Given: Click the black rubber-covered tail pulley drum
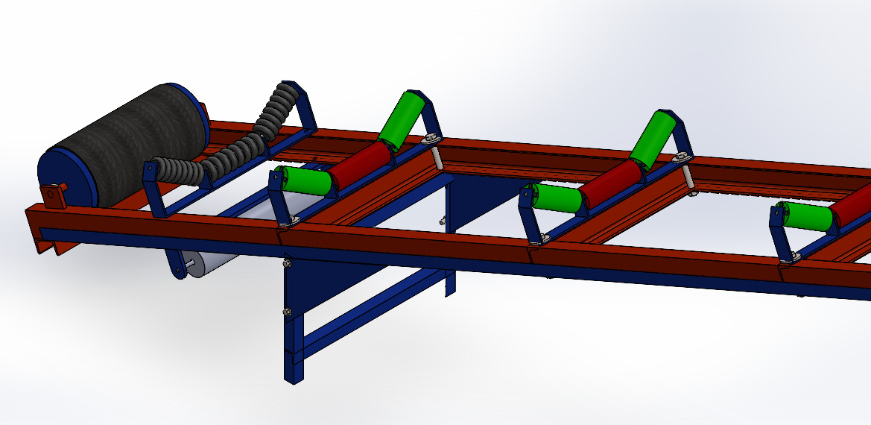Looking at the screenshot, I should coord(123,145).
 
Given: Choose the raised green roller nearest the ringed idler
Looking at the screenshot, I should coord(399,117).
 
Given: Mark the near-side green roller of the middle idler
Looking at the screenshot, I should coord(558,198).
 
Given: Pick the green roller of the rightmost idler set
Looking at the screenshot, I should coord(808,215).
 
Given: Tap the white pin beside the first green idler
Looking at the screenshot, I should coord(438,160).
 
